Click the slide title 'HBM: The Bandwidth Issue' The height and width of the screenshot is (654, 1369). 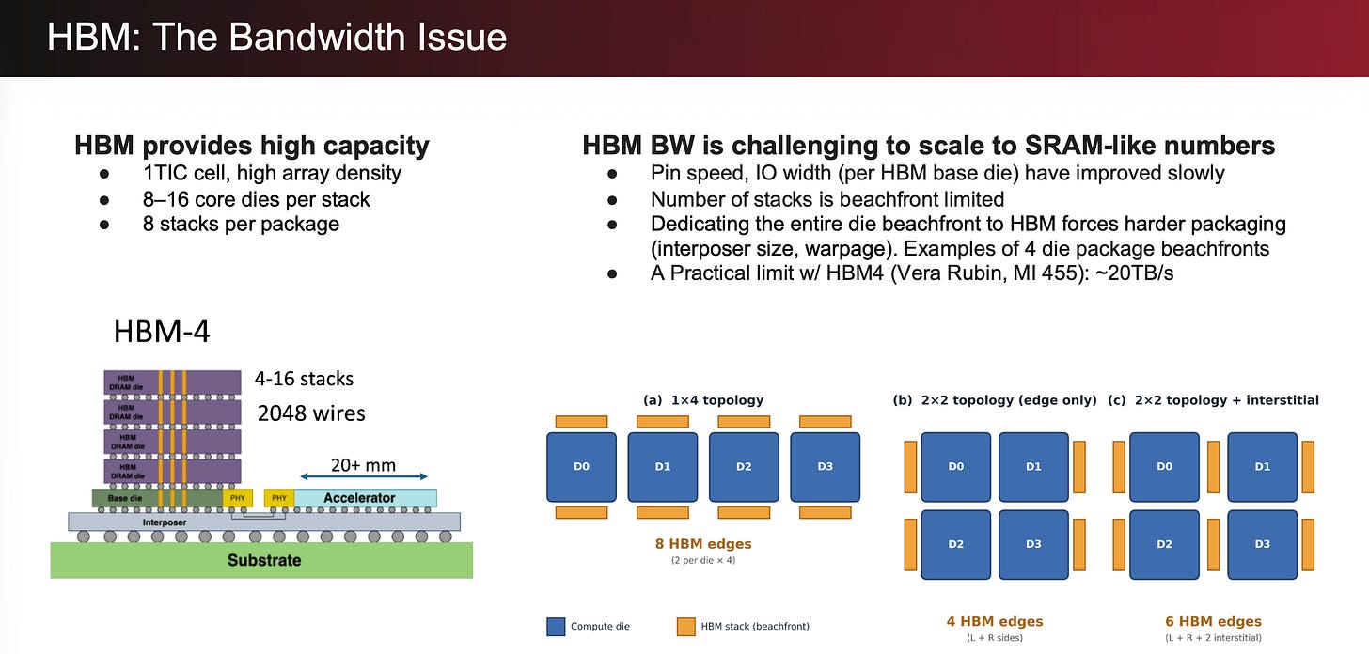276,37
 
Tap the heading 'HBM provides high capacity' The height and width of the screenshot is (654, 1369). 252,146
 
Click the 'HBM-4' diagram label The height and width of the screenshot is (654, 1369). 162,332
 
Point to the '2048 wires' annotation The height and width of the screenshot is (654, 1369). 311,413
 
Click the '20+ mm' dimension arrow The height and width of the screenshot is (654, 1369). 364,476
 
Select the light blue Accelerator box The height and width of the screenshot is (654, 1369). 366,498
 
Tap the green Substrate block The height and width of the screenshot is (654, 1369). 261,561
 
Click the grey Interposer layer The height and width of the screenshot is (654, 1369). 264,522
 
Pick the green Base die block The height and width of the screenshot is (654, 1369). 157,498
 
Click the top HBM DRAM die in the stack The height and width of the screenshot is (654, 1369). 172,382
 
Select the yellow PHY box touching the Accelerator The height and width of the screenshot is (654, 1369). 279,498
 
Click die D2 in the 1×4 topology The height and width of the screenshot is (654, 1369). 744,467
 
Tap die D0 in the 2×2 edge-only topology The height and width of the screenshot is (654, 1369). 956,467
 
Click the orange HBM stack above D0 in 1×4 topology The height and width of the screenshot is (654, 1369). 581,421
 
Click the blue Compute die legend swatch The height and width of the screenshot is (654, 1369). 556,627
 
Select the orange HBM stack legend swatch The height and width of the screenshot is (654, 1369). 685,627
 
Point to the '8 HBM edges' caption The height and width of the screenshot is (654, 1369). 703,543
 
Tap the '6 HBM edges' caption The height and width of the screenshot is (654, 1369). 1213,621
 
